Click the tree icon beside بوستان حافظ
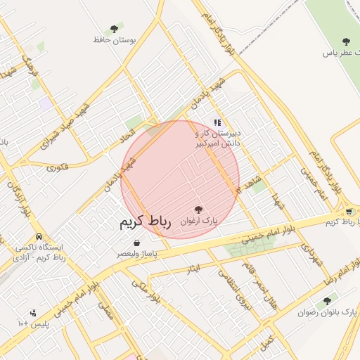point(114,29)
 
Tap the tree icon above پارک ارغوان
point(198,210)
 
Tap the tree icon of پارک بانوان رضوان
point(326,301)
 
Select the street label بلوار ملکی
point(147,289)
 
